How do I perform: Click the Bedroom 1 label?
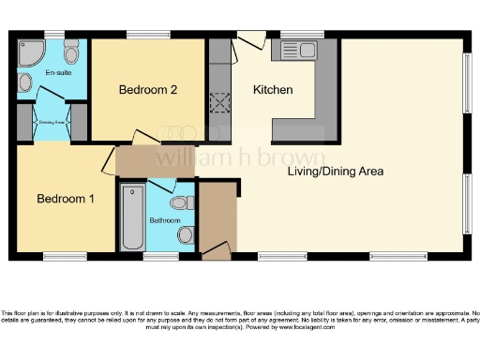coord(65,199)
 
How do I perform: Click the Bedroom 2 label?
coord(148,90)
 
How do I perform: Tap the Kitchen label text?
coord(274,90)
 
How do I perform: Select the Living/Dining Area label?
coord(335,172)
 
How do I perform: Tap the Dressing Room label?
coord(51,121)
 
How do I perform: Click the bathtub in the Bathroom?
coord(129,217)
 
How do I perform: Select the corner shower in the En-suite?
coord(30,51)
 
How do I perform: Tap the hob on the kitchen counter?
coord(220,102)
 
